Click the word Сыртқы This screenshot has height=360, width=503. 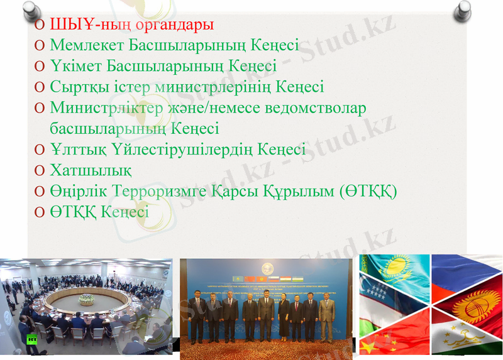tap(75, 87)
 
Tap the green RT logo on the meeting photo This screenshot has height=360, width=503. tap(31, 340)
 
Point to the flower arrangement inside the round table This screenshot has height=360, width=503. tap(86, 298)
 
